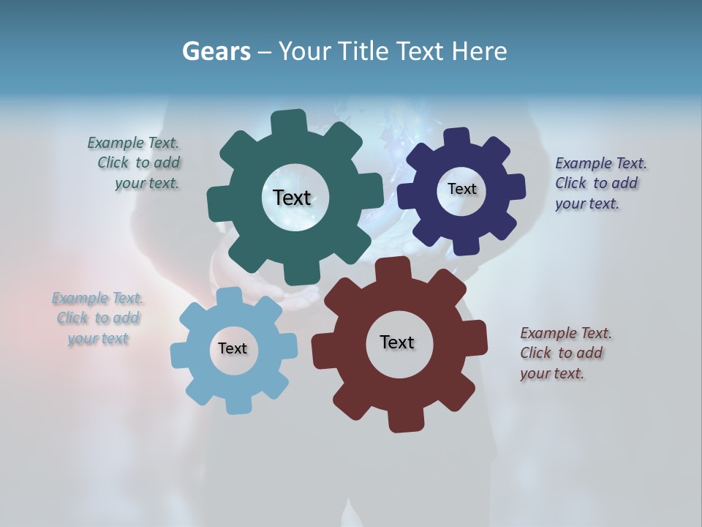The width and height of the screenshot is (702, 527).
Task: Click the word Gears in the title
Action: click(216, 52)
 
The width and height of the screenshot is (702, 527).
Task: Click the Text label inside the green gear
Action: click(292, 198)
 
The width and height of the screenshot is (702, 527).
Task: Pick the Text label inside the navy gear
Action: click(461, 189)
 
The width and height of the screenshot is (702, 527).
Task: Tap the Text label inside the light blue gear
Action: click(233, 349)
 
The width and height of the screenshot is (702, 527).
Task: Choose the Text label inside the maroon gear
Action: click(397, 343)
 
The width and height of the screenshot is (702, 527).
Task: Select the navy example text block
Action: click(600, 184)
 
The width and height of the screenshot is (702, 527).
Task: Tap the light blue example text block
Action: click(98, 318)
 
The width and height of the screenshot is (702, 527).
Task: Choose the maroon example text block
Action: click(565, 354)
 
